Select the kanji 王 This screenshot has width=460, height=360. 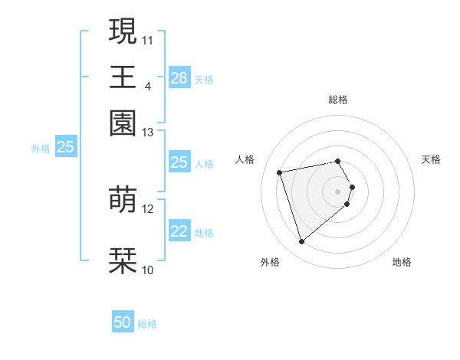[123, 77]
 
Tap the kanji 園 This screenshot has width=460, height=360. [123, 123]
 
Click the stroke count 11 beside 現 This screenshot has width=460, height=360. [148, 39]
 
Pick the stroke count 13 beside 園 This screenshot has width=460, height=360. [148, 133]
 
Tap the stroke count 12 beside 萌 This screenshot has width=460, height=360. [148, 208]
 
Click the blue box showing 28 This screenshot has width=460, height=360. [179, 78]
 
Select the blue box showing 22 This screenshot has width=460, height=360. [179, 232]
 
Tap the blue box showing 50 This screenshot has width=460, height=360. [123, 322]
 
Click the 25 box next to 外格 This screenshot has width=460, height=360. [65, 147]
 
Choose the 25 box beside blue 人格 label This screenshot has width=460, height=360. [179, 162]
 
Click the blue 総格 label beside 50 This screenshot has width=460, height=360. [147, 324]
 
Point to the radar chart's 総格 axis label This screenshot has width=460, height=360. [338, 100]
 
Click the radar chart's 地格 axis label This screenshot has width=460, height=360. [402, 263]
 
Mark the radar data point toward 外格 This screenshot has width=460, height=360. [301, 242]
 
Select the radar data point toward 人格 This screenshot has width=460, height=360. [280, 172]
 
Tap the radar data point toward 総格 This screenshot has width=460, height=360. [338, 161]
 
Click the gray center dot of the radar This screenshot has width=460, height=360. [338, 191]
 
